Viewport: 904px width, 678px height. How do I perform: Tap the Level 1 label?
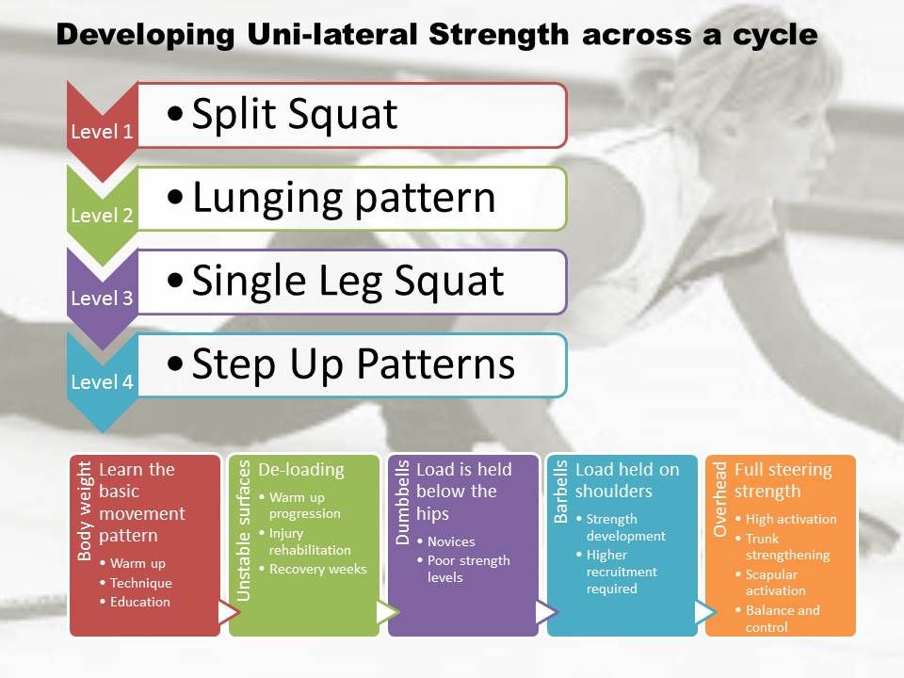coord(102,132)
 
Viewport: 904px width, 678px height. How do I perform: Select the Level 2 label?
coord(102,216)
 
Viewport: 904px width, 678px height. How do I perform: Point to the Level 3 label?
coord(102,299)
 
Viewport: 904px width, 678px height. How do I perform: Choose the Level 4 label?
coord(102,382)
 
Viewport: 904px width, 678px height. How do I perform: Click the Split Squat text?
coord(294,115)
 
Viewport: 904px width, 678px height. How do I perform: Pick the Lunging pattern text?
coord(343,198)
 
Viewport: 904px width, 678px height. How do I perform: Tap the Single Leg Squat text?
coord(347,281)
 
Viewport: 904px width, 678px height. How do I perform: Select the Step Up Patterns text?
coord(353,364)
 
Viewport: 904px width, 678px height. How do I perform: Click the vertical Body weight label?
coord(85,510)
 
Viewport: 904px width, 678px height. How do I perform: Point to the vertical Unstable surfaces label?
coord(244,530)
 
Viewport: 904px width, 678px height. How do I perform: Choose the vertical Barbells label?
coord(562,492)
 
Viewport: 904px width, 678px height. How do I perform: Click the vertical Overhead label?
coord(721,499)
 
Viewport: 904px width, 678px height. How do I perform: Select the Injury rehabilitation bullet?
coord(309,541)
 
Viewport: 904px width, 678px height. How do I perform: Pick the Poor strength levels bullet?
coord(468,569)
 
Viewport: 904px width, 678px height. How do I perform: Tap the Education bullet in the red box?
coord(140,602)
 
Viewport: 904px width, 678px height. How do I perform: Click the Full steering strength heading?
coord(783,480)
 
